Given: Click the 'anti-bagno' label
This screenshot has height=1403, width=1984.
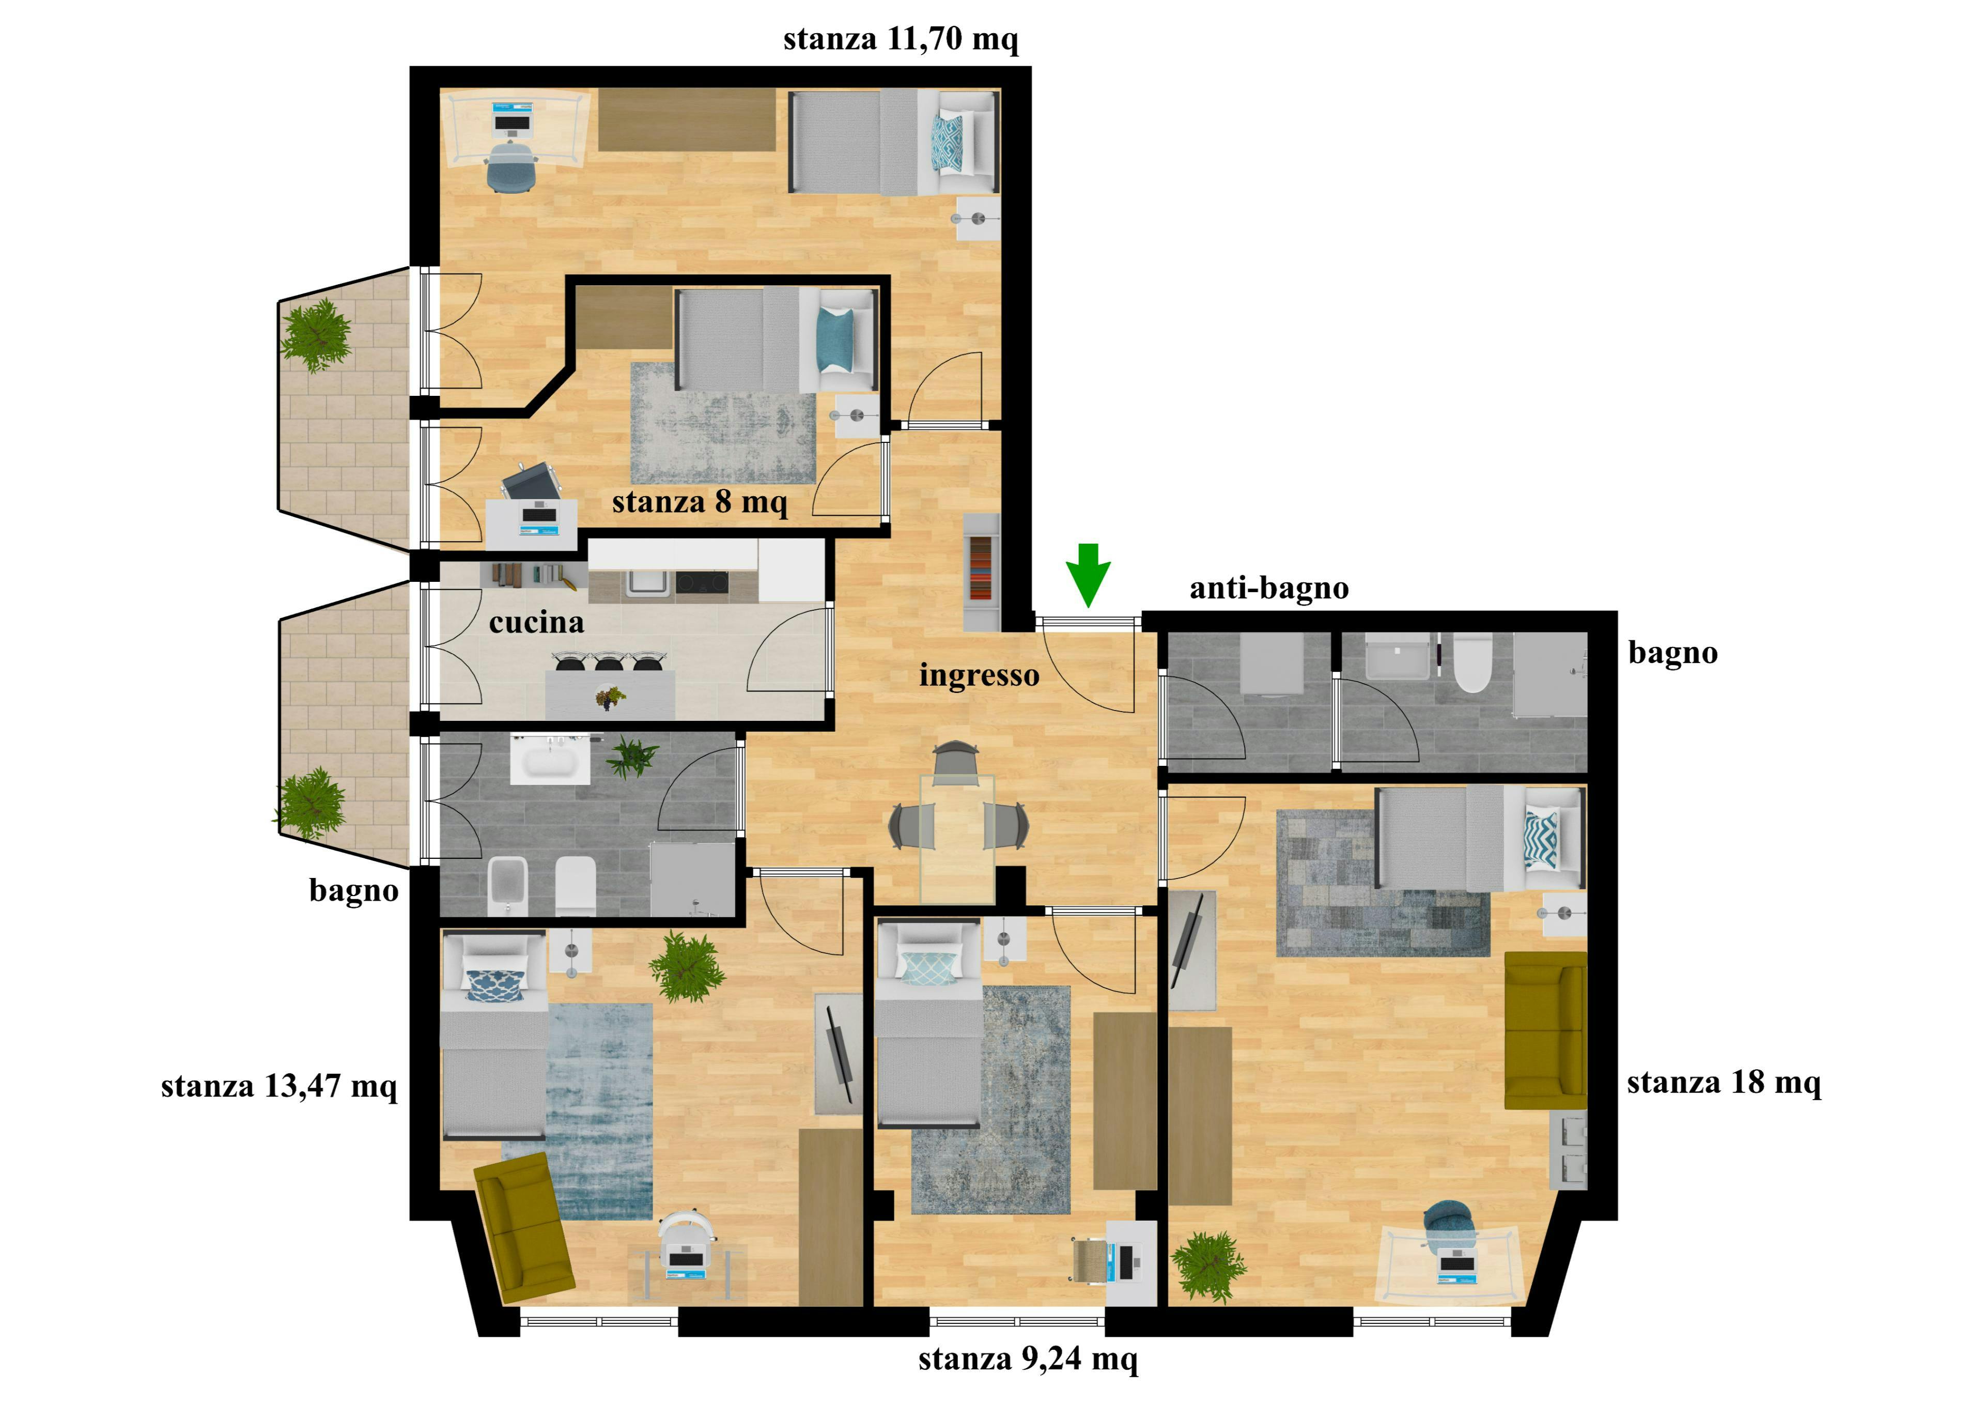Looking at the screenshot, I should coord(1268,589).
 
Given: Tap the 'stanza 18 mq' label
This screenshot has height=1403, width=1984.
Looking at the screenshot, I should coord(1723,1082).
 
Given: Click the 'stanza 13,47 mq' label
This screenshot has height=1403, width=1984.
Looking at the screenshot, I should coord(278,1086).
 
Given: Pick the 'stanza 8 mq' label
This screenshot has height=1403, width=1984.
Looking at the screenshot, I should coord(699,502).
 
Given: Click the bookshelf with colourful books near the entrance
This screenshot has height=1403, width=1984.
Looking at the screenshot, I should coord(981,569).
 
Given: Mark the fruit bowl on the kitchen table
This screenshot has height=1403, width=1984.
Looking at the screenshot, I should coord(609,697).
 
